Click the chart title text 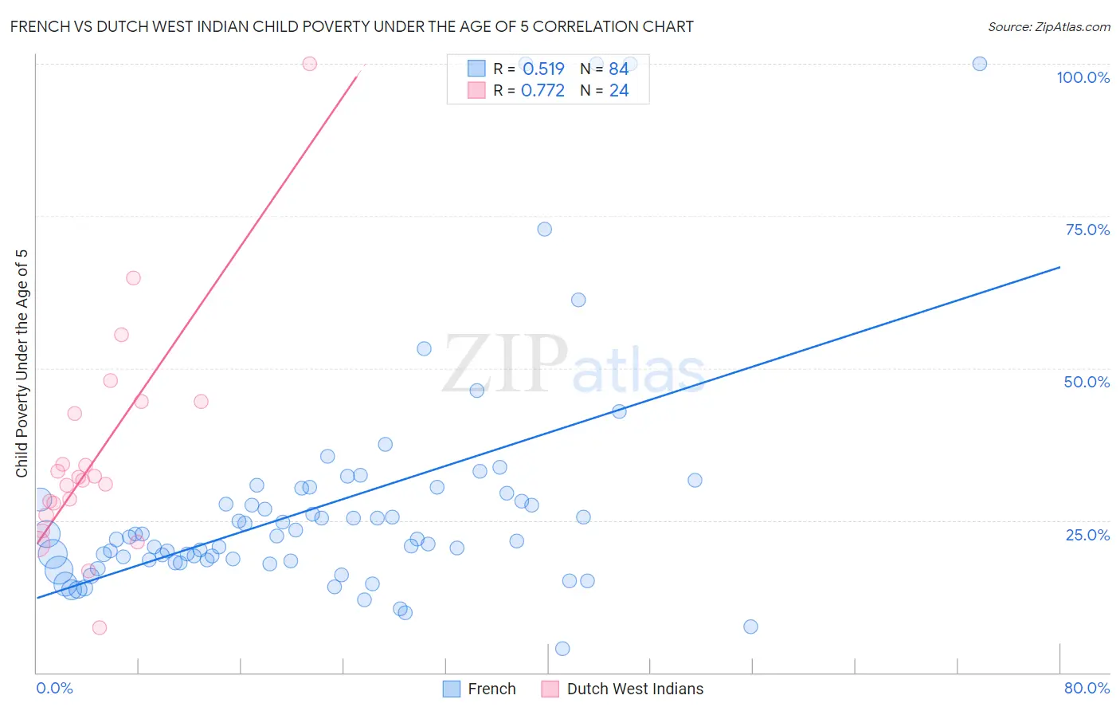click(351, 26)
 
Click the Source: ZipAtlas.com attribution click(1048, 26)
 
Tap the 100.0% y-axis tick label click(1083, 77)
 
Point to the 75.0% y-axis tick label click(1087, 230)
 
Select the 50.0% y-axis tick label click(1087, 382)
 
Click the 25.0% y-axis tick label click(1087, 534)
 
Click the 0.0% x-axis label click(54, 688)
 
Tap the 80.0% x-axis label click(1087, 688)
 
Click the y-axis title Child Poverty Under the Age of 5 click(22, 363)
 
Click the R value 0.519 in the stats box click(543, 69)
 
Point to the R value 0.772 click(542, 91)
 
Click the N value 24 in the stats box click(619, 91)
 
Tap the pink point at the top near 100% click(310, 64)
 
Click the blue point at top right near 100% click(980, 64)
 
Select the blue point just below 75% click(545, 229)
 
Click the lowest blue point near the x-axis click(562, 649)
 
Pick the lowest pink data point click(100, 627)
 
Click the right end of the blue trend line click(1059, 267)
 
